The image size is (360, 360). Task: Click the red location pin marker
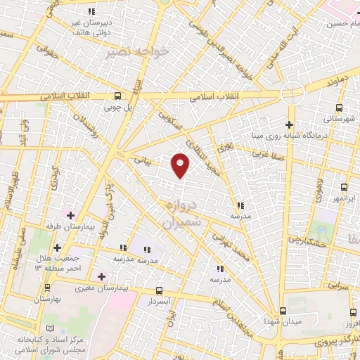click(181, 165)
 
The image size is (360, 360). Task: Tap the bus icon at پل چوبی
click(117, 96)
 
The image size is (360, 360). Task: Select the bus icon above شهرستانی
click(339, 108)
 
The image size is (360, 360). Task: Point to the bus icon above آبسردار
click(158, 290)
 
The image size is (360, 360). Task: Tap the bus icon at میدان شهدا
click(283, 311)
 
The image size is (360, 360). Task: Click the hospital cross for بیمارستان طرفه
click(70, 213)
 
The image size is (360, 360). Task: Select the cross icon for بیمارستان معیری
click(101, 276)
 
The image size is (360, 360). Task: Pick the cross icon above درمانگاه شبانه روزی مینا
click(289, 124)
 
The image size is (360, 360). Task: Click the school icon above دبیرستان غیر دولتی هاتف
click(92, 11)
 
